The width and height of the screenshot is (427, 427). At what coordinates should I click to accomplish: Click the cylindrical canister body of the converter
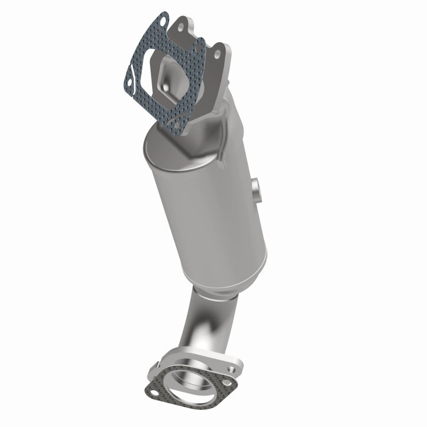(x=208, y=208)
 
